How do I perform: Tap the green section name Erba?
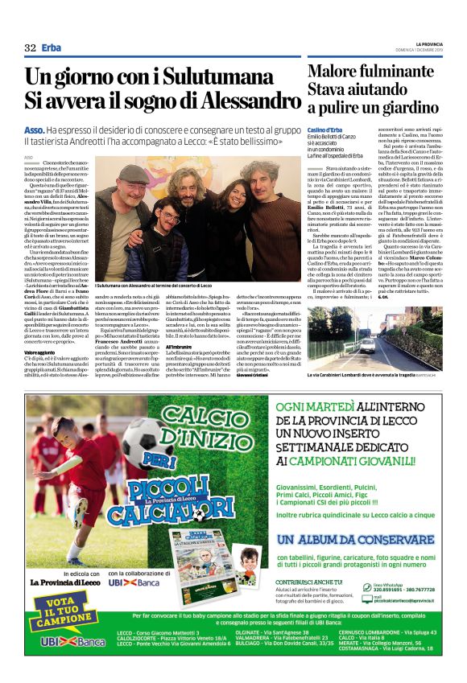pos(51,48)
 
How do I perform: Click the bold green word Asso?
pos(34,130)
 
